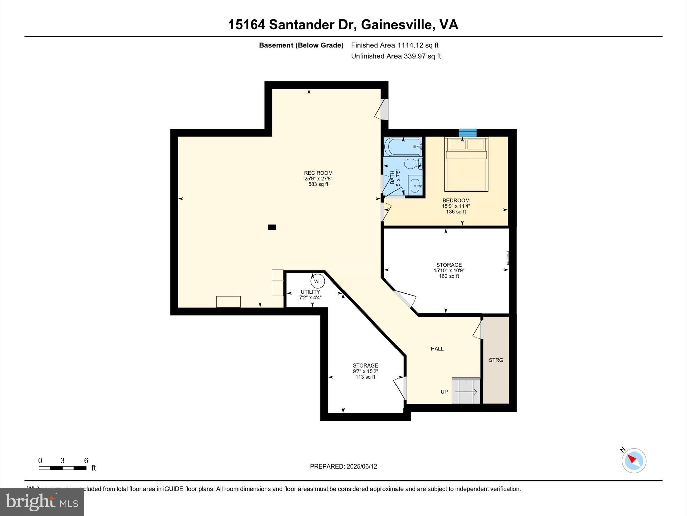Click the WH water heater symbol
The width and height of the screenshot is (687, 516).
click(318, 281)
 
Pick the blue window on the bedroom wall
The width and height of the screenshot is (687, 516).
click(468, 133)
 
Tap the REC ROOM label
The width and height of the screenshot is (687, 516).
click(318, 173)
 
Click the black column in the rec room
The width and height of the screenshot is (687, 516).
click(272, 227)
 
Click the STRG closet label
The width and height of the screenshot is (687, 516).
click(496, 360)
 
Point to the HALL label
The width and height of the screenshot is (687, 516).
click(437, 349)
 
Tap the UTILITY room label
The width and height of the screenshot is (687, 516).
click(310, 292)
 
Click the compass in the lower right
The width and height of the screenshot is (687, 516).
click(634, 461)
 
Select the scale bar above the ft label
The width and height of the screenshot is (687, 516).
click(62, 468)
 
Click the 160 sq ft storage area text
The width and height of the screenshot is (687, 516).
click(449, 276)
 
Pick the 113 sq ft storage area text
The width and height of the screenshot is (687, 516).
click(365, 377)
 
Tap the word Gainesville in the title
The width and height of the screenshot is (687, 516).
click(397, 25)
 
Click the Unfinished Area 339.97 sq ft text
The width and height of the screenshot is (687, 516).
click(396, 56)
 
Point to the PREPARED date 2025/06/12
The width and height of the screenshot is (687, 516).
click(343, 466)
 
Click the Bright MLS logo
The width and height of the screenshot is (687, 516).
click(42, 502)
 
